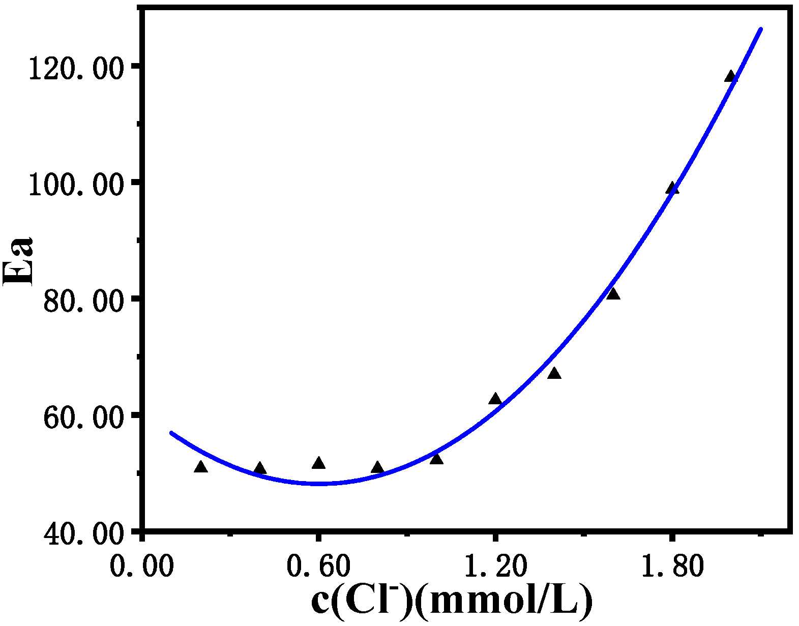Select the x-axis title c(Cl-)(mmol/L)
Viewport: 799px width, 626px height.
click(452, 602)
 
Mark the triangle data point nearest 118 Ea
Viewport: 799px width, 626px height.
click(731, 77)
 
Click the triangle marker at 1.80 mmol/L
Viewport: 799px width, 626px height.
click(672, 188)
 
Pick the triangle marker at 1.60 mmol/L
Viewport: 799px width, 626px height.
click(613, 294)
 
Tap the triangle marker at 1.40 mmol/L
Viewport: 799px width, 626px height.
click(554, 374)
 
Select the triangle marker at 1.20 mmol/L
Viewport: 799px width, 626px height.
click(495, 399)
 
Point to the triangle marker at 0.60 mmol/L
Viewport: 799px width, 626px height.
click(318, 463)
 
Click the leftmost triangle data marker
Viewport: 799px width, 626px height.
click(201, 467)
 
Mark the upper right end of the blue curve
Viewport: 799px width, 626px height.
click(761, 29)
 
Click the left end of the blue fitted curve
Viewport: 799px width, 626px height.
click(171, 433)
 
